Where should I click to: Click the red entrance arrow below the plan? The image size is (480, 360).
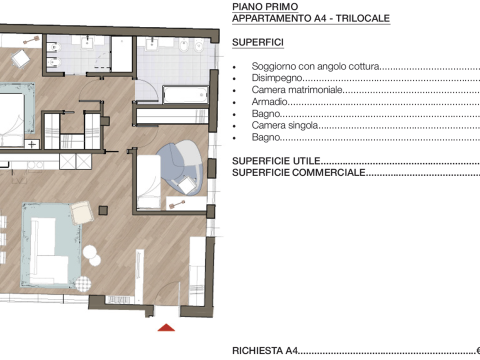click(x=166, y=328)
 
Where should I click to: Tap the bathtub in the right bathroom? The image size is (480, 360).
click(x=185, y=95)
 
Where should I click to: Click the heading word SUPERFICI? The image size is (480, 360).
click(x=258, y=43)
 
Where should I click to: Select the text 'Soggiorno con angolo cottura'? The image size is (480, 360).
click(x=316, y=66)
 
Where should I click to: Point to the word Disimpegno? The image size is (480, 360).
click(x=277, y=78)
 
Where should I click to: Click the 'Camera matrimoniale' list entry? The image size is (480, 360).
click(x=297, y=90)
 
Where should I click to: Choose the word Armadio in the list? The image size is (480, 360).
click(x=269, y=101)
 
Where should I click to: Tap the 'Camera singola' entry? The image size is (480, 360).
click(x=285, y=125)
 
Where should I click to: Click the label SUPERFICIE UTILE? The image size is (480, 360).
click(x=276, y=161)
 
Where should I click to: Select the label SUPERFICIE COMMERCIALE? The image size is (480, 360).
click(x=299, y=173)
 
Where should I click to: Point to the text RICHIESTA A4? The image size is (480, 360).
click(x=265, y=351)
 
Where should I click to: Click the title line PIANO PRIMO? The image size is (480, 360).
click(x=265, y=7)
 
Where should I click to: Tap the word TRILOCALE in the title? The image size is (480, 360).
click(x=363, y=18)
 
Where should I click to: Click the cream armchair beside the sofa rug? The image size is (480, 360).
click(x=82, y=212)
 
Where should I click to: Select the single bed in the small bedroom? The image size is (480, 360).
click(x=149, y=182)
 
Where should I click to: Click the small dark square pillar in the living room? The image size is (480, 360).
click(x=103, y=210)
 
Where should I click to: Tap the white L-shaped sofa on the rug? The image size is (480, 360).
click(x=49, y=251)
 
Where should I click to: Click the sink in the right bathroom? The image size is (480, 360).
click(x=152, y=44)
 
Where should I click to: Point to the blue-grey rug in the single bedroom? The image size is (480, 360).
click(x=180, y=167)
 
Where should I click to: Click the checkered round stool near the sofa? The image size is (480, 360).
click(x=82, y=284)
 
